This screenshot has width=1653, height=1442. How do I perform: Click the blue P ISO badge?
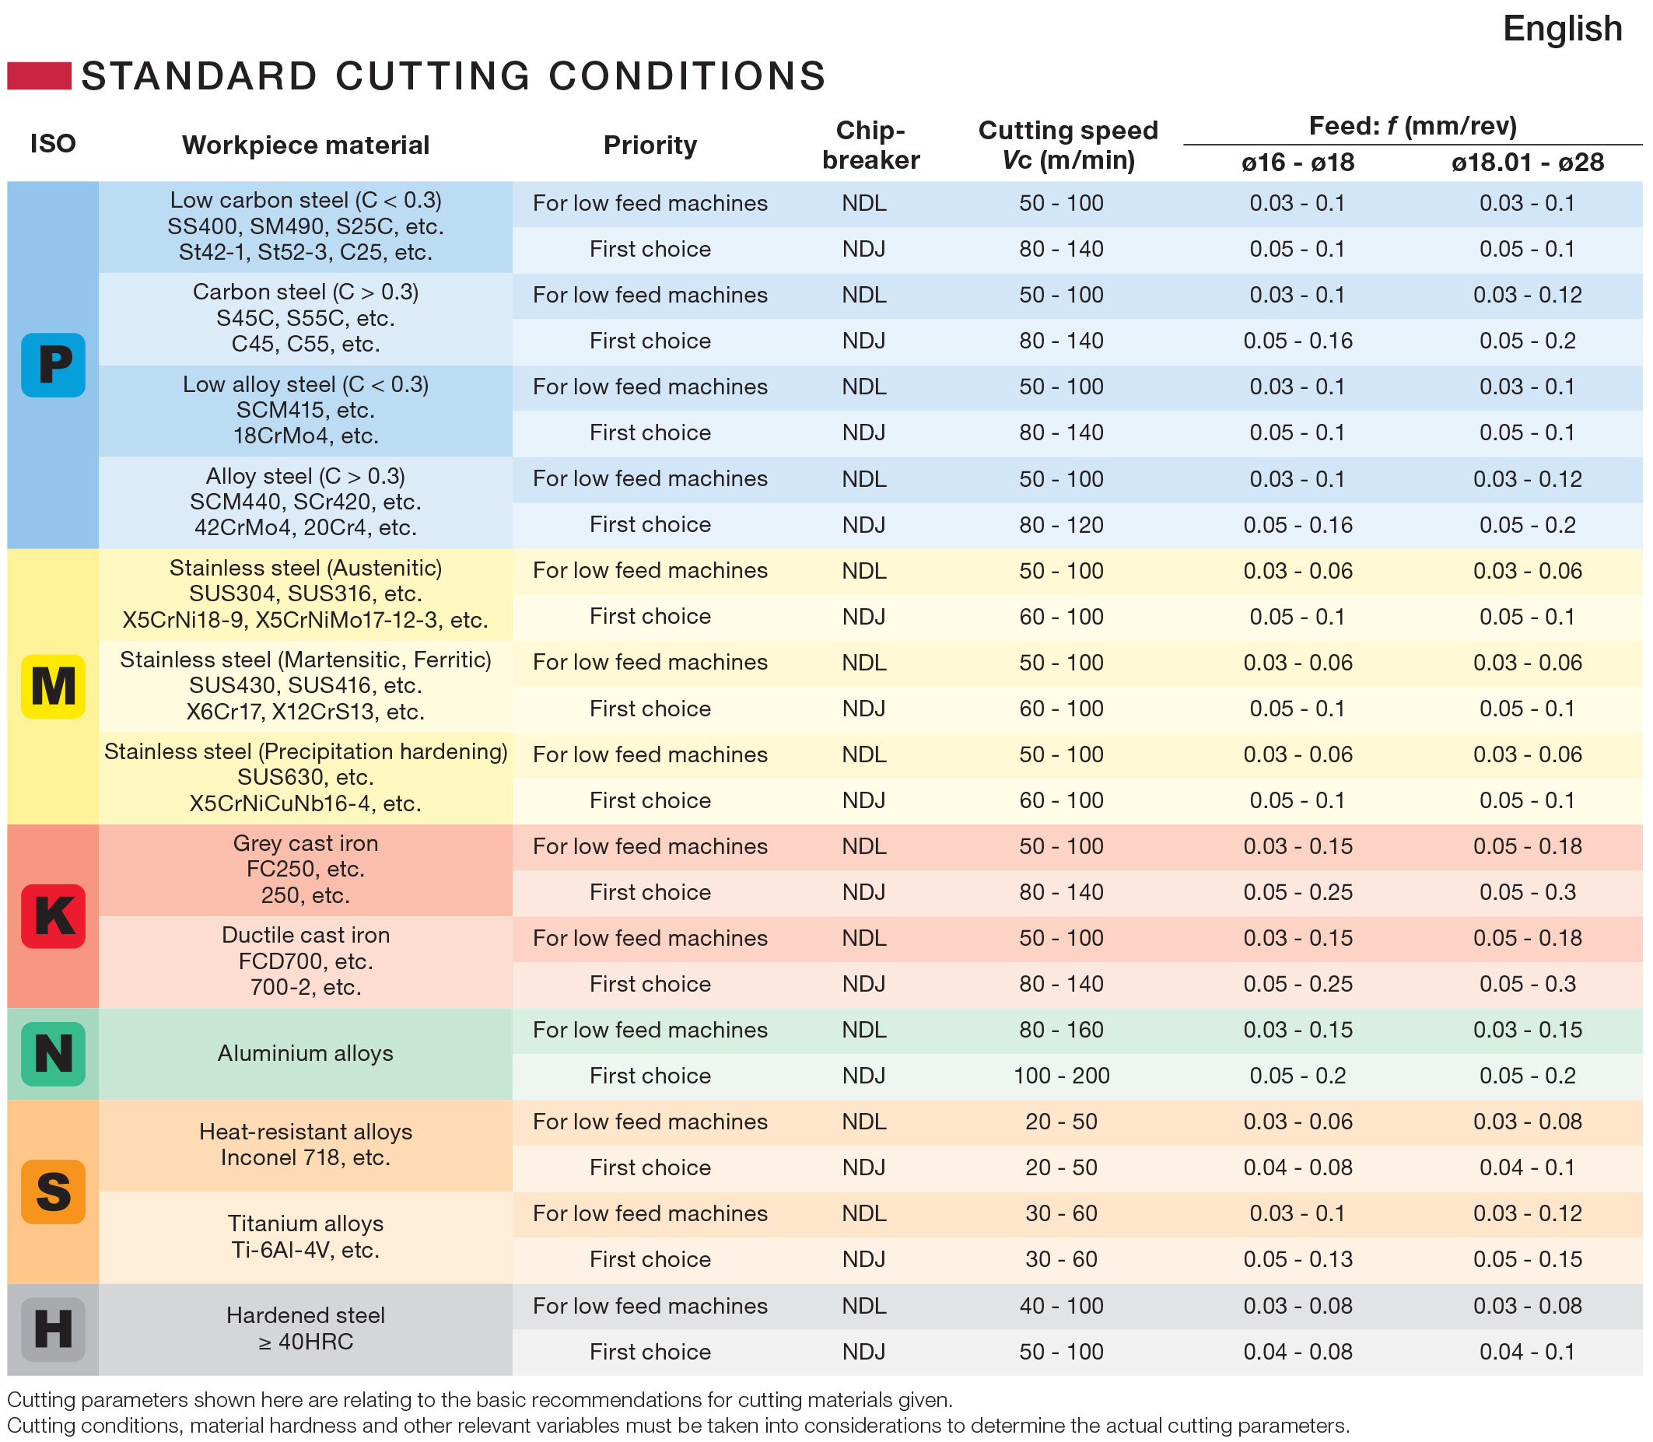[53, 365]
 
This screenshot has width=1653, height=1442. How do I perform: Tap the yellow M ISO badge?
[53, 687]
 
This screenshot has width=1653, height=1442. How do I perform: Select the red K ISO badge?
[53, 915]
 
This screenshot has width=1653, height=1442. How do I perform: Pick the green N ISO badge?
[53, 1054]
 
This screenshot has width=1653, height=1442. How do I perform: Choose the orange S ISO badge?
[53, 1192]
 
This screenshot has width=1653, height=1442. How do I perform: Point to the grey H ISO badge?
[53, 1329]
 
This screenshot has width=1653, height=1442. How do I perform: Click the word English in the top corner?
[1562, 30]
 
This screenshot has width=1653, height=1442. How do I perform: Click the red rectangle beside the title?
[40, 75]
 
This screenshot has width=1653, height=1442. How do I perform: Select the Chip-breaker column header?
[870, 145]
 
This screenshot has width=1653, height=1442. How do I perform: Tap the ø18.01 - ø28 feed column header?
[1528, 163]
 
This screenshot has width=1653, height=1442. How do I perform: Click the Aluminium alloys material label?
[306, 1053]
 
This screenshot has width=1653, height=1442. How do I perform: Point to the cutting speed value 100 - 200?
[1062, 1076]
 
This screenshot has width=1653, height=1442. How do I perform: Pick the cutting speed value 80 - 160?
[1062, 1030]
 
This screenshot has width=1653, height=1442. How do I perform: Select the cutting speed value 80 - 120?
[1062, 525]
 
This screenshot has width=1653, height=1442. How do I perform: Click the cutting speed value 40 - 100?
[1062, 1305]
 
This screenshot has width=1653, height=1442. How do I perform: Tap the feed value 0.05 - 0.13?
[1298, 1259]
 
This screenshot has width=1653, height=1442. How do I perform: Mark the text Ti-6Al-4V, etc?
[306, 1250]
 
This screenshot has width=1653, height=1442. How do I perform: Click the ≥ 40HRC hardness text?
[306, 1342]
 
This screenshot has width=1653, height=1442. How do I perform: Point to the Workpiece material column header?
[306, 145]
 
